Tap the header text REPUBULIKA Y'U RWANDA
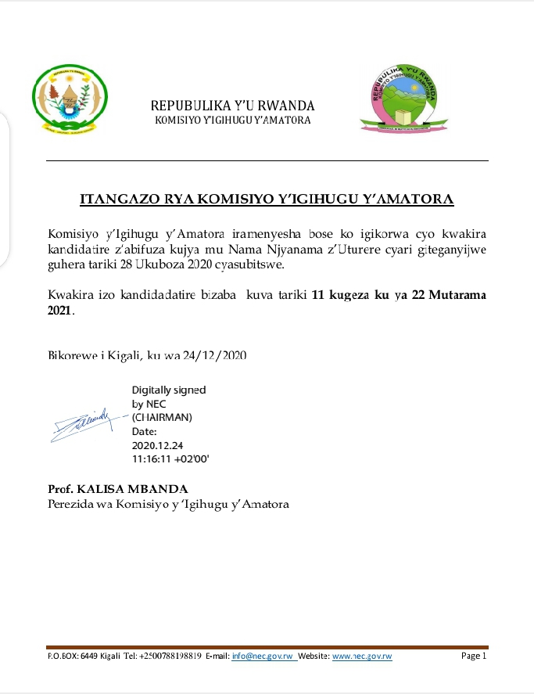tap(233, 106)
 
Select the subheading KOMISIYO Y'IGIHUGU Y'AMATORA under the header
tap(233, 120)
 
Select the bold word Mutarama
tap(455, 295)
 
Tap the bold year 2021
tap(59, 311)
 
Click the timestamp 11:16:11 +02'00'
tap(170, 458)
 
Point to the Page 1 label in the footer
tap(474, 656)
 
